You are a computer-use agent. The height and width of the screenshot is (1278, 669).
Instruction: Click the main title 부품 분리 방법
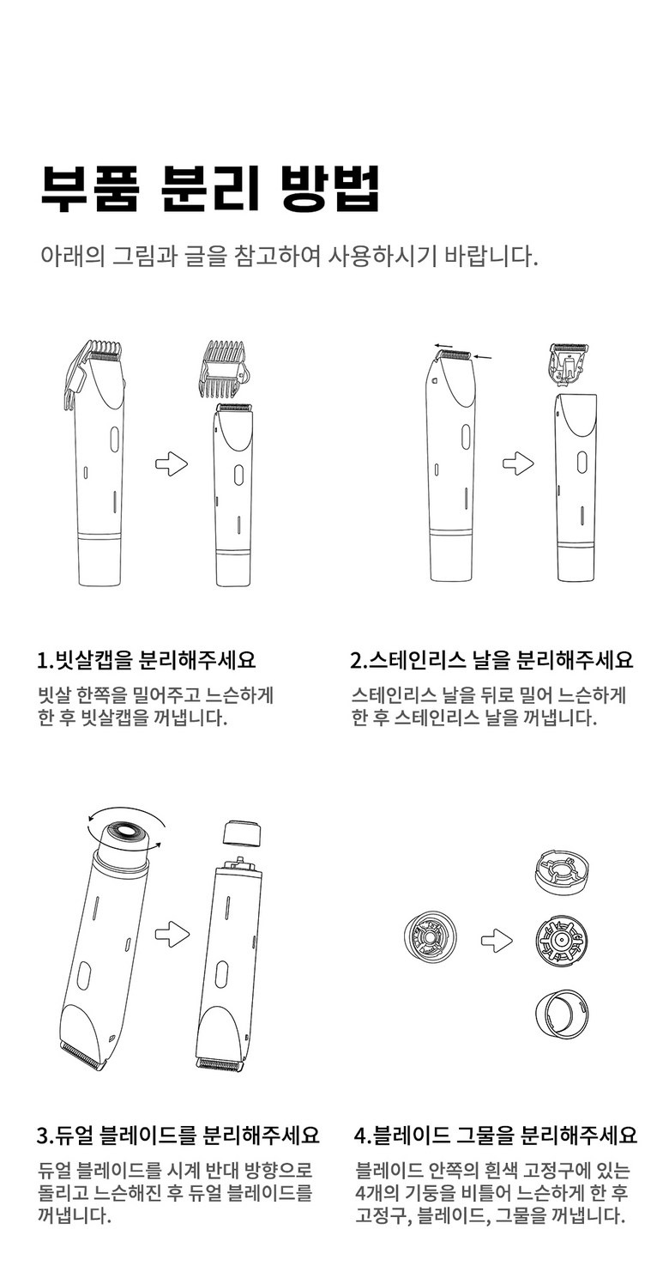209,189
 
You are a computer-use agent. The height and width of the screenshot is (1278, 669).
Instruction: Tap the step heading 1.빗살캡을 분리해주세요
147,660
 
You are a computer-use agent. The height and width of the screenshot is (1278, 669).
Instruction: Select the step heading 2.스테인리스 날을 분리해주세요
491,660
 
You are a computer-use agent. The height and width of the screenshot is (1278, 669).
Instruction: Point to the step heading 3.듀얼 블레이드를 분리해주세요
178,1136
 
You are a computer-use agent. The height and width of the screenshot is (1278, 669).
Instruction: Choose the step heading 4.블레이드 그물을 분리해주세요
495,1136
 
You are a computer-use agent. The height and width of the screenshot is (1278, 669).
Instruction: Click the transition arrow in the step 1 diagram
172,463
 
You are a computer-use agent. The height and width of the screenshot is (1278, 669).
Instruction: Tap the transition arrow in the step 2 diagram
518,463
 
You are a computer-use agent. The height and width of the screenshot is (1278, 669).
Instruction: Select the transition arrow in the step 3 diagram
172,935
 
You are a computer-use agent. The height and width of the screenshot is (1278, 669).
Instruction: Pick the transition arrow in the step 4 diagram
497,940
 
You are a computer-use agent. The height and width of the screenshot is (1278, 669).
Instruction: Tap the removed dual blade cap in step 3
240,834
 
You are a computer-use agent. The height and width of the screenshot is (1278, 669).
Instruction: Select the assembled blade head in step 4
430,940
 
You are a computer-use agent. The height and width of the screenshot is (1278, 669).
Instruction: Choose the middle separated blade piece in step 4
562,940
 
